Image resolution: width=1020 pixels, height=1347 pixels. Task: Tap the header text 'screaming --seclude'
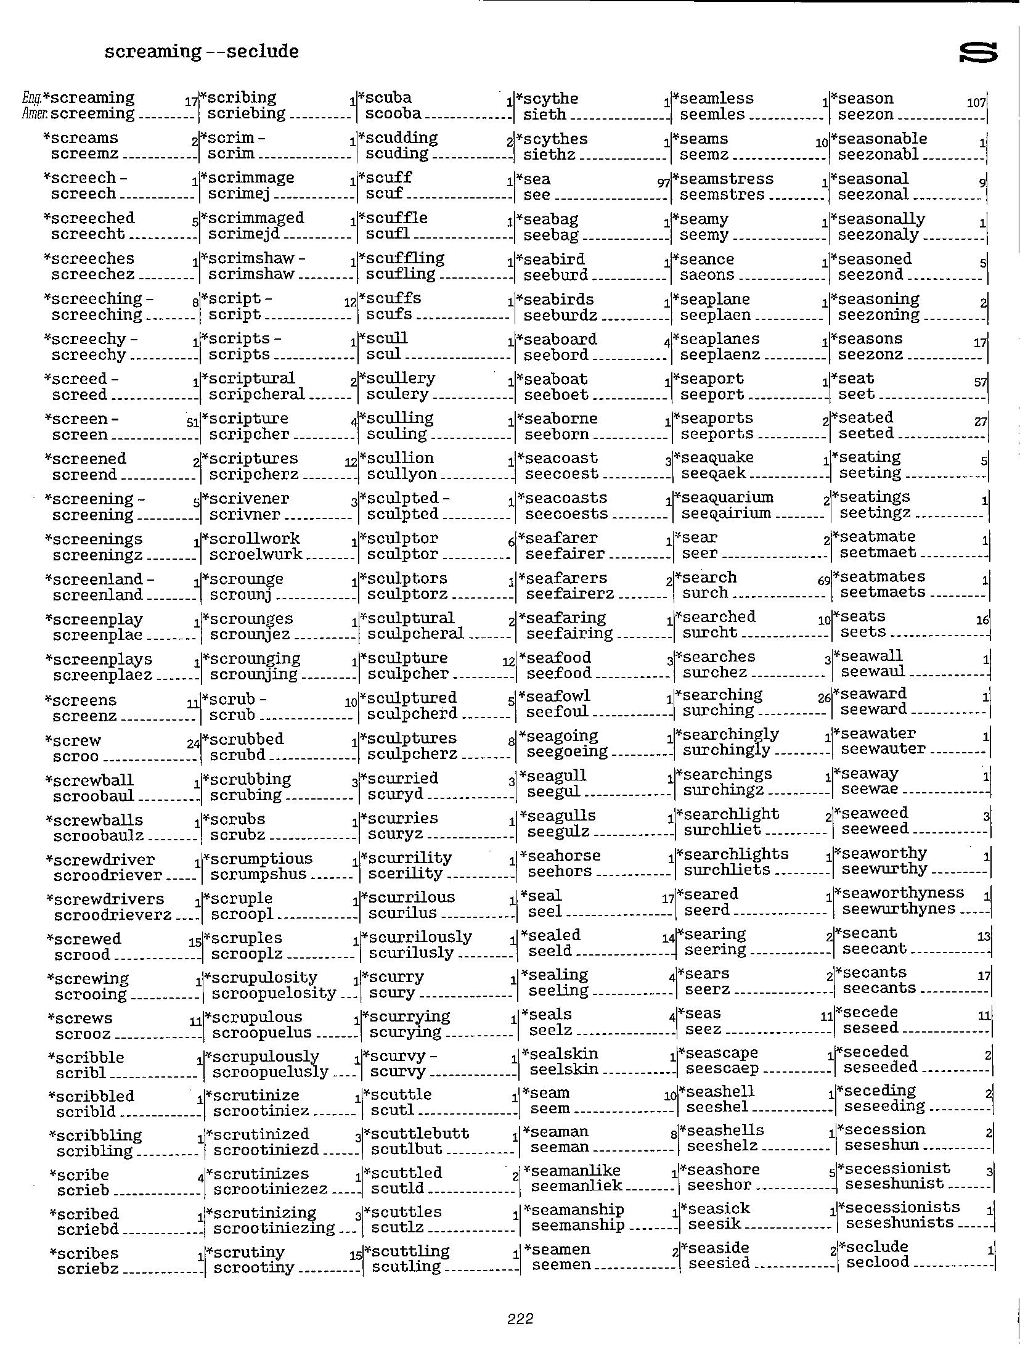click(x=202, y=51)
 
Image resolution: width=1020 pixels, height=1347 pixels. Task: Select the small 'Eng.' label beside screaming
click(x=31, y=97)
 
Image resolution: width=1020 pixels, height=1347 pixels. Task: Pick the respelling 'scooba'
click(x=393, y=114)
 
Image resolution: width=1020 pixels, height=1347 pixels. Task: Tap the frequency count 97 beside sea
click(x=664, y=184)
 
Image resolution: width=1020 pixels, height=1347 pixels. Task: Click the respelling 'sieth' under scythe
click(x=544, y=115)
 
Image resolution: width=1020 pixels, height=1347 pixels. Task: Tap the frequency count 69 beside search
click(x=824, y=581)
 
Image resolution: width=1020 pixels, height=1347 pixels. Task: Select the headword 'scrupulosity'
click(x=264, y=977)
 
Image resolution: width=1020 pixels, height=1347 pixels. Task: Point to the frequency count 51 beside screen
click(x=192, y=424)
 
